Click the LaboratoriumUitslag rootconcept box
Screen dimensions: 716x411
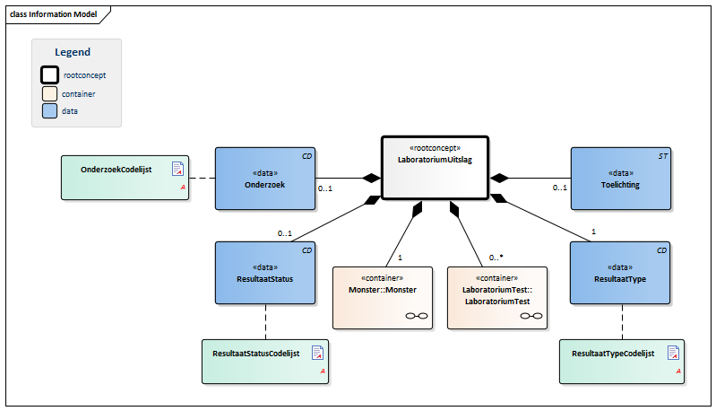436,168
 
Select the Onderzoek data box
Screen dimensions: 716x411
265,179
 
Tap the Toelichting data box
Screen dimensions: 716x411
621,179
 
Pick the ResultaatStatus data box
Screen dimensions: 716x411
265,273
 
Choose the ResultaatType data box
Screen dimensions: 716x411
620,273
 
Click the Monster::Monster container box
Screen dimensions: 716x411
383,298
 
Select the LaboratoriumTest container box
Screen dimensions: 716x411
497,298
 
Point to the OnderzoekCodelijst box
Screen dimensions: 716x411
125,178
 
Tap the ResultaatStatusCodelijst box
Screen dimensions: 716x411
265,362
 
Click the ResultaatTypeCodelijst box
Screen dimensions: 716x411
622,362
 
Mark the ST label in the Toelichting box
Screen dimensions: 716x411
662,156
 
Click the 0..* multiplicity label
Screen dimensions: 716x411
496,258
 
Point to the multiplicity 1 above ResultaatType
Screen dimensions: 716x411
593,232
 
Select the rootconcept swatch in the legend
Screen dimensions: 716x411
50,75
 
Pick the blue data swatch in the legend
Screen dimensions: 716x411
50,111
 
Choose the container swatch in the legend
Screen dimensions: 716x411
50,93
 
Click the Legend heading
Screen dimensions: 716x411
73,52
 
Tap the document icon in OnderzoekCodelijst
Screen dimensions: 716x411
177,169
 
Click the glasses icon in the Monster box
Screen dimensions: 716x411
417,316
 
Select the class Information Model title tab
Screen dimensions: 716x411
54,14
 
